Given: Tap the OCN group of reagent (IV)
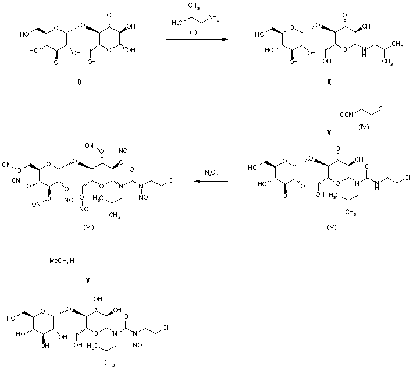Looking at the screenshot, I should click(347, 108).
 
